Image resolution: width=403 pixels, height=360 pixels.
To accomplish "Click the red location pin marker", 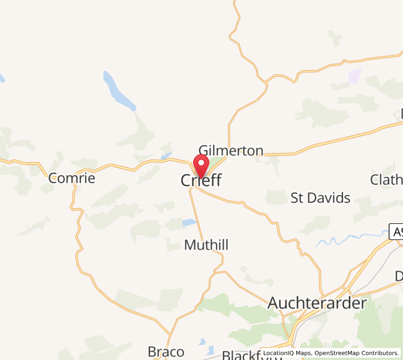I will click(201, 166).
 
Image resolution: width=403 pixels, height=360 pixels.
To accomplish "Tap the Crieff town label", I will click(201, 181).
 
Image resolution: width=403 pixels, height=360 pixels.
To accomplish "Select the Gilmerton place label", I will click(231, 151).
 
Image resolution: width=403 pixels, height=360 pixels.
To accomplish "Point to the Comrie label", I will click(72, 178).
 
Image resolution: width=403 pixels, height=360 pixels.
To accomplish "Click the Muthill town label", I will click(206, 245).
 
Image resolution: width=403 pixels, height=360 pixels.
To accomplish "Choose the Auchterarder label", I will click(317, 303).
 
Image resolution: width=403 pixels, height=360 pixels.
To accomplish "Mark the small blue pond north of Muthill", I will click(189, 223).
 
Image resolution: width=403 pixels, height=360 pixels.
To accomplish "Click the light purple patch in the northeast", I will click(355, 76).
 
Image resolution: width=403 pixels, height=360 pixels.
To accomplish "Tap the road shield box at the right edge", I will click(396, 232).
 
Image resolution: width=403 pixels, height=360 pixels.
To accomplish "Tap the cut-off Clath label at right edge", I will click(386, 179).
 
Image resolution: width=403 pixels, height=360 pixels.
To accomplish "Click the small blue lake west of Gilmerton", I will click(166, 157).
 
